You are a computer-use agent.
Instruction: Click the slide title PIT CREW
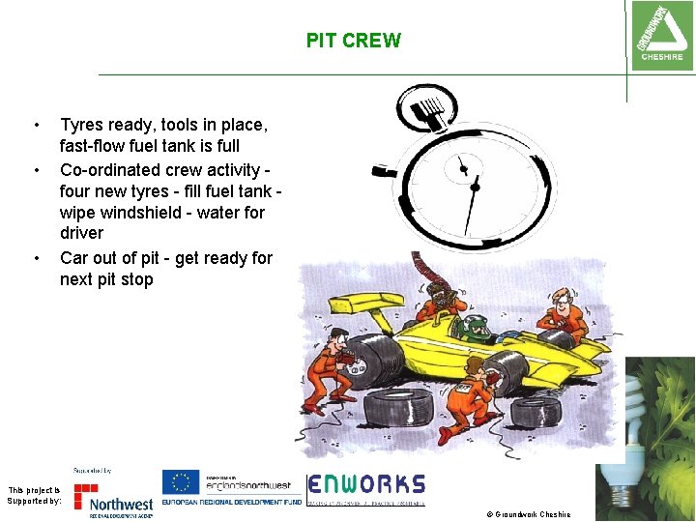353,41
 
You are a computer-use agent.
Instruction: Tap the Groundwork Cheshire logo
660,36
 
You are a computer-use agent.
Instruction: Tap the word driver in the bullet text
81,233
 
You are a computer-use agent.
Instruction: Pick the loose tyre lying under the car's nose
535,411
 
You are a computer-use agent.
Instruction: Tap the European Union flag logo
181,481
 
